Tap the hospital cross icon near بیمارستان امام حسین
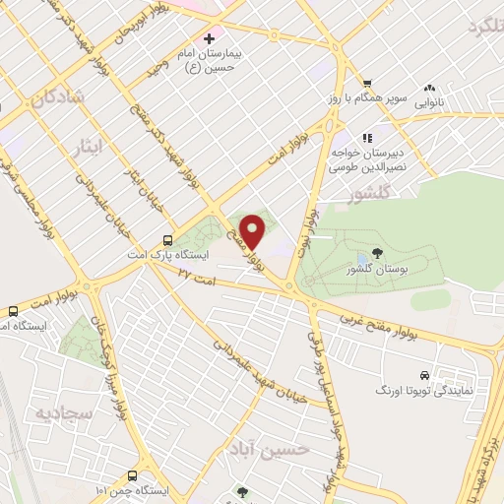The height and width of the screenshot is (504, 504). pyautogui.click(x=209, y=38)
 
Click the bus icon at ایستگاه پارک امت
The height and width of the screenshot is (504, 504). pyautogui.click(x=167, y=239)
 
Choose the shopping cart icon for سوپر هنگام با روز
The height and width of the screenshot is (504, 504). pyautogui.click(x=366, y=84)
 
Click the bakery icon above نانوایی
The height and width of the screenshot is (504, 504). pyautogui.click(x=428, y=86)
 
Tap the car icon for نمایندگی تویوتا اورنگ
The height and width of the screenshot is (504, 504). pyautogui.click(x=423, y=375)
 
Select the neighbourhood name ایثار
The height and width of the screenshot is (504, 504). pyautogui.click(x=89, y=148)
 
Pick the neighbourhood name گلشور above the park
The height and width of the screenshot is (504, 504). pyautogui.click(x=367, y=195)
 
